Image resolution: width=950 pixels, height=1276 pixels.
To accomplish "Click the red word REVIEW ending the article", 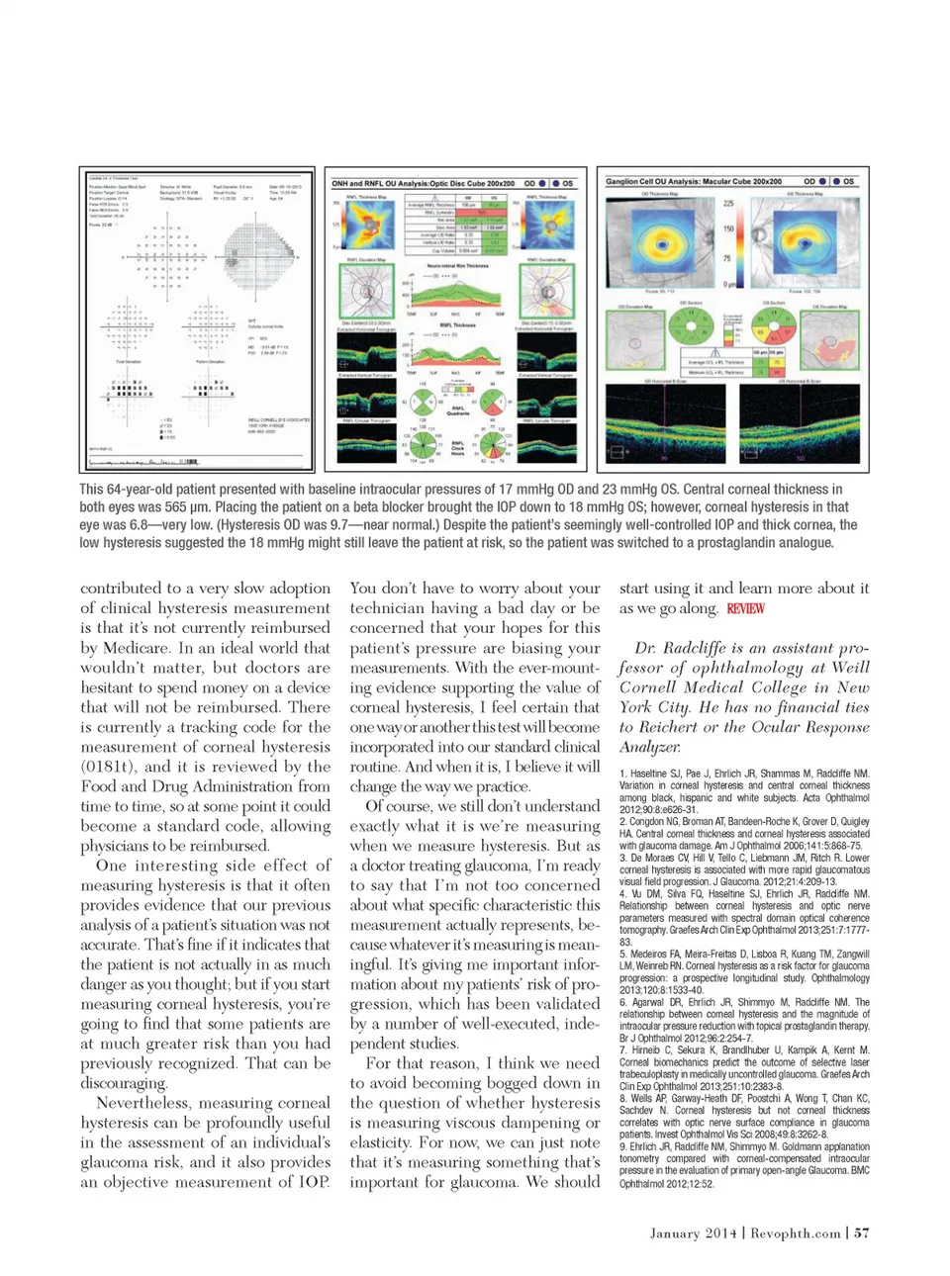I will point(745,608).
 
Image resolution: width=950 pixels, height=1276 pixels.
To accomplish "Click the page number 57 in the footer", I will point(862,1232).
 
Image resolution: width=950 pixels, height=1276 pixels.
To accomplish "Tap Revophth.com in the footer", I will point(795,1232).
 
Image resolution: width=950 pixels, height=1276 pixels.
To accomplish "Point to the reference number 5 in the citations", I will point(623,955).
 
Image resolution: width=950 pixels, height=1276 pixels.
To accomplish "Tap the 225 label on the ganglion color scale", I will point(728,204).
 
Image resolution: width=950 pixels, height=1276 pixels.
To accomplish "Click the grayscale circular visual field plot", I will point(259,254).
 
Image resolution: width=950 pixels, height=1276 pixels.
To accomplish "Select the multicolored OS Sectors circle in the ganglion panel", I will point(775,327).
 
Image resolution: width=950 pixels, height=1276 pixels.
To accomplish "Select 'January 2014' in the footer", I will point(693,1232).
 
